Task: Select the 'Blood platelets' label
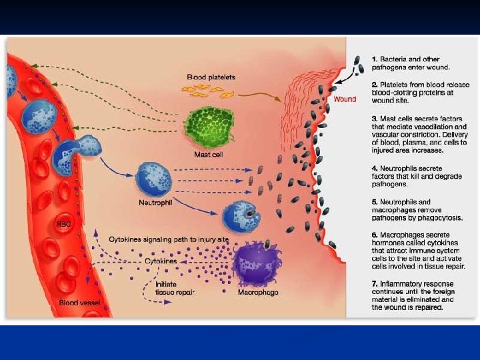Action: click(211, 77)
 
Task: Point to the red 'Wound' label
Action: click(345, 99)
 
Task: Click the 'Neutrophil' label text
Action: click(155, 202)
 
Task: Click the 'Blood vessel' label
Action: click(78, 303)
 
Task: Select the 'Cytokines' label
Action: click(161, 262)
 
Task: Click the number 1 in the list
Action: click(375, 59)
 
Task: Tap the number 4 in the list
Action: click(375, 169)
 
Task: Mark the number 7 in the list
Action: click(375, 284)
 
